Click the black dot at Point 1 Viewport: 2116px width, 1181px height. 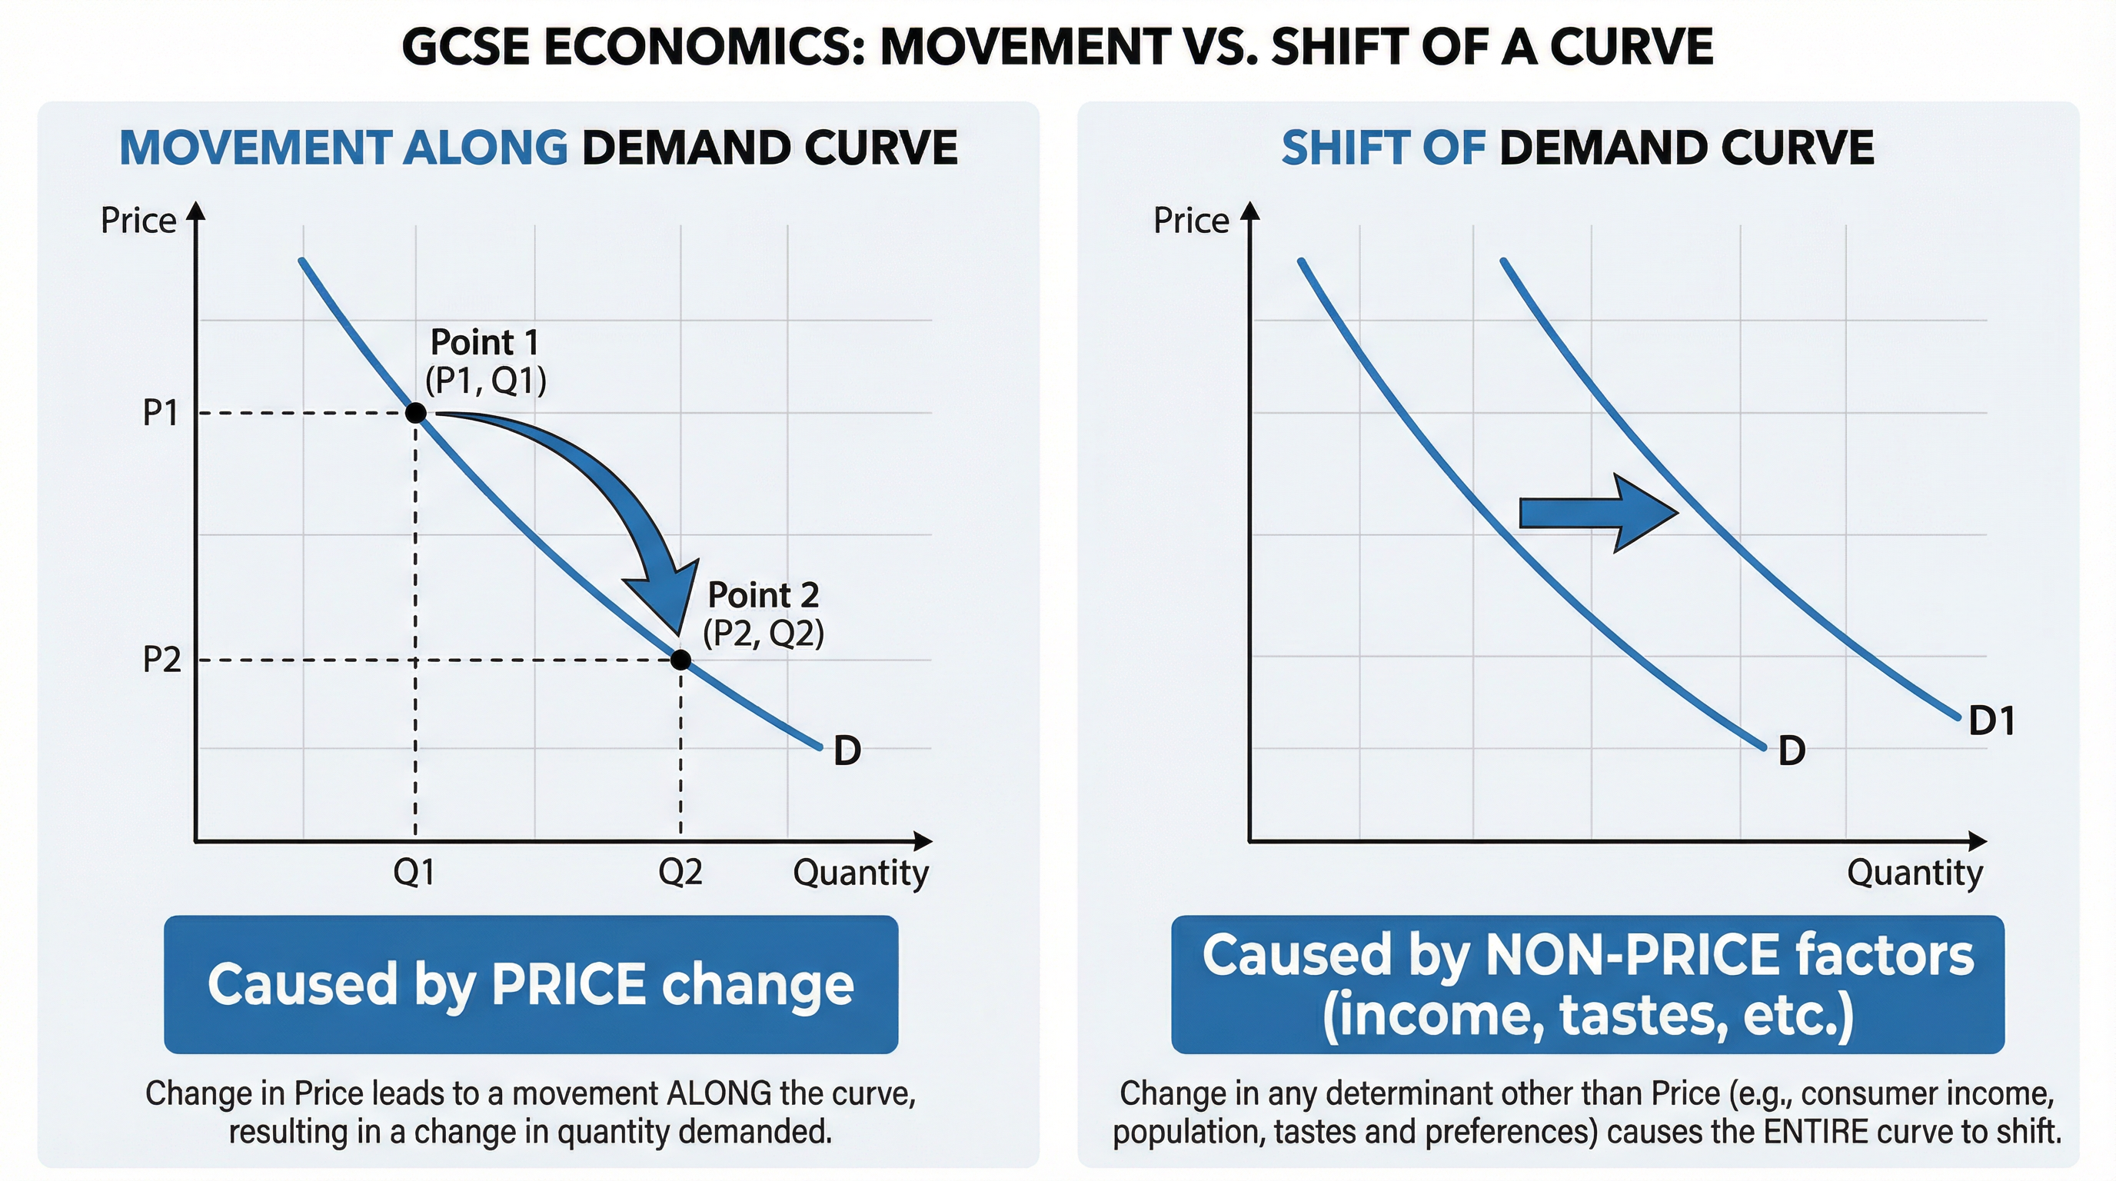[416, 412]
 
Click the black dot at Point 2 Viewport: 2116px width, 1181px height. [680, 660]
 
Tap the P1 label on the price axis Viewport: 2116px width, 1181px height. [160, 412]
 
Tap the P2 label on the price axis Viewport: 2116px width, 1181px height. [161, 660]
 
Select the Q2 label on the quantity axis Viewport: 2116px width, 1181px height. [680, 872]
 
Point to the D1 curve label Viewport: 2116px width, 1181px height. [1991, 722]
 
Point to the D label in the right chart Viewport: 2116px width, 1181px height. [1792, 750]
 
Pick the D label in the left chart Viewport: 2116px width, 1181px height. [847, 750]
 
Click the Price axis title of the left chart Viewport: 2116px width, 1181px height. [138, 221]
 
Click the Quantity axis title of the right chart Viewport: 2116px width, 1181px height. [1914, 872]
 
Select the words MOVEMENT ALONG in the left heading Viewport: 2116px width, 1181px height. [344, 148]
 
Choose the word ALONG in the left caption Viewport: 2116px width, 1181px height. [720, 1093]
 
